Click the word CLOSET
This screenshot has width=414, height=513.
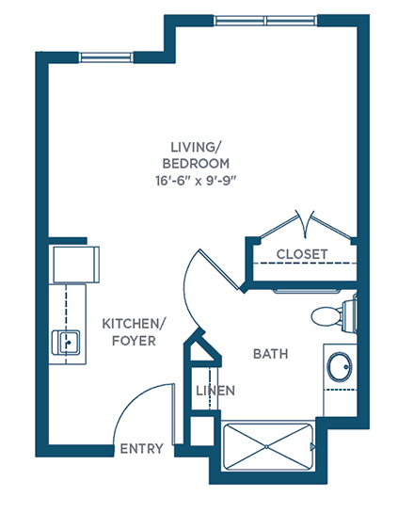(x=301, y=254)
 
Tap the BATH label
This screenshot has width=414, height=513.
(x=271, y=354)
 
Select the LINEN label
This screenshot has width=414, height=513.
(x=215, y=391)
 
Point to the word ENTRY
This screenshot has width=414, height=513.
(x=141, y=449)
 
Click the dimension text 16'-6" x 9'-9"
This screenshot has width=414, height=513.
(x=196, y=181)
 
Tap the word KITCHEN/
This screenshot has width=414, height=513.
(x=134, y=324)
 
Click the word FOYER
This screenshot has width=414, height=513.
(x=134, y=341)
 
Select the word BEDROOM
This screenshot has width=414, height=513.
(x=196, y=163)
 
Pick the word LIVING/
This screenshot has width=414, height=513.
(x=196, y=147)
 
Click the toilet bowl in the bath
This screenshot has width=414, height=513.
(x=326, y=316)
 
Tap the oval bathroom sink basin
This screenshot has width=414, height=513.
(x=340, y=366)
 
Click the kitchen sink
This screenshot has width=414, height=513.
(x=66, y=343)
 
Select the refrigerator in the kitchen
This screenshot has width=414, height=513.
(x=76, y=265)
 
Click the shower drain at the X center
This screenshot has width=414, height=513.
(x=267, y=446)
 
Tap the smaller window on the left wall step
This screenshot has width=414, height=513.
(x=106, y=57)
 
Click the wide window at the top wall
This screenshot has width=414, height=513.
(x=265, y=21)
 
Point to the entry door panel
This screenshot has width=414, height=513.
(x=174, y=414)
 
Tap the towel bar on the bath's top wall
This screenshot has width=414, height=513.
(x=308, y=291)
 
